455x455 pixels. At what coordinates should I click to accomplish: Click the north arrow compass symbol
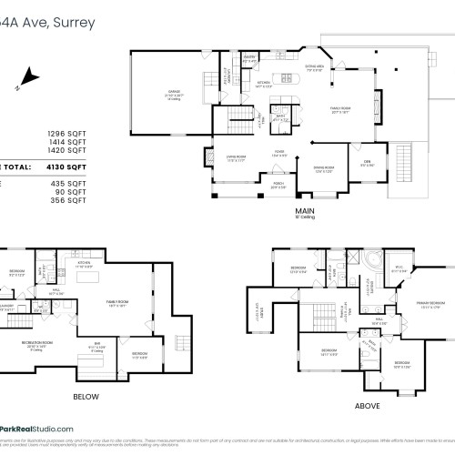point(30,77)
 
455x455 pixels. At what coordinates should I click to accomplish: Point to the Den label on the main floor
point(367,164)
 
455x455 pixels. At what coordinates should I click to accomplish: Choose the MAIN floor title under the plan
point(304,211)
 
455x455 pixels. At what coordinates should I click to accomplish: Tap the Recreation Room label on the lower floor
point(38,345)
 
